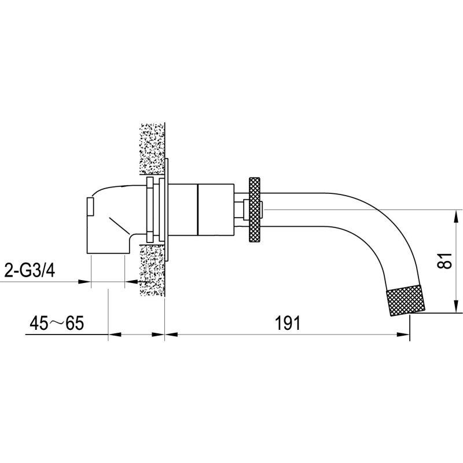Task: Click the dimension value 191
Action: click(x=288, y=323)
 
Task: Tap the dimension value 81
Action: click(x=445, y=260)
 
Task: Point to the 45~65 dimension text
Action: click(x=57, y=323)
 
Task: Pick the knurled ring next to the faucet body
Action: click(x=255, y=210)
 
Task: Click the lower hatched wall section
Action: click(x=152, y=270)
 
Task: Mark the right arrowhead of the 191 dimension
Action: click(x=403, y=335)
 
